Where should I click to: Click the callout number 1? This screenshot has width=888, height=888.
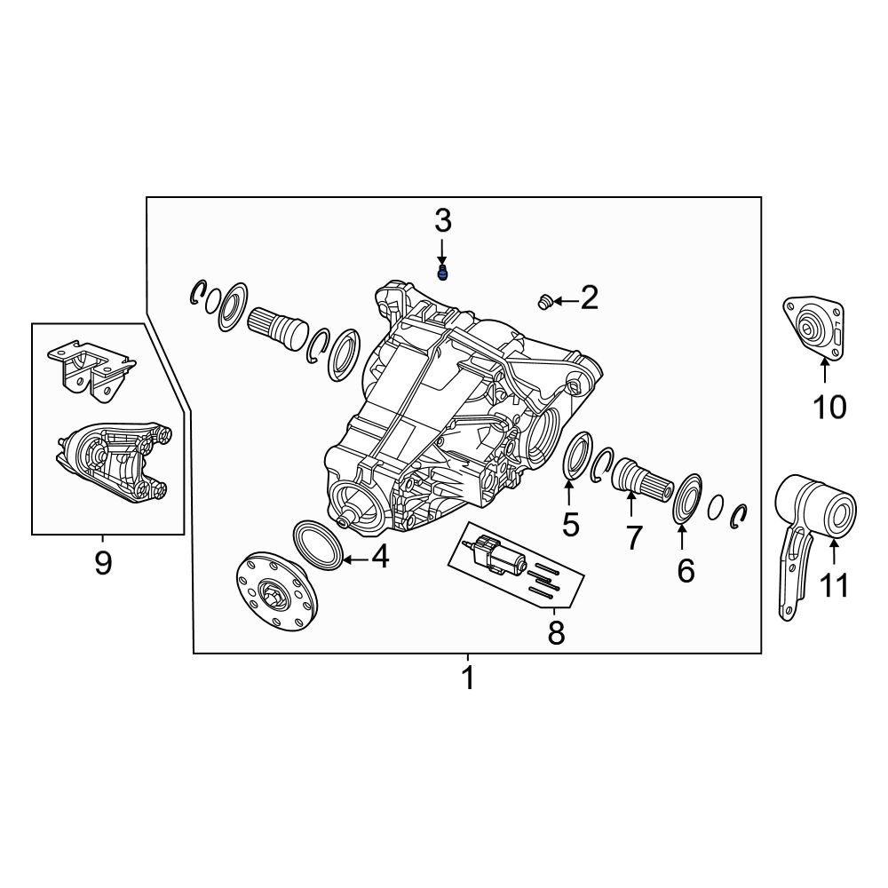click(x=468, y=678)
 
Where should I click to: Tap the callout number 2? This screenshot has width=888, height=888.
click(x=589, y=298)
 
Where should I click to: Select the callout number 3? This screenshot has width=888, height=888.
click(x=442, y=221)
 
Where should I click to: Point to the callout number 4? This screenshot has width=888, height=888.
click(x=379, y=557)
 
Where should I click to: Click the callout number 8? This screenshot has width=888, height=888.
click(x=556, y=633)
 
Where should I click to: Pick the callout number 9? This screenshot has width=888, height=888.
click(x=103, y=562)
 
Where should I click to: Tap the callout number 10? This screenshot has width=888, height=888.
click(x=829, y=408)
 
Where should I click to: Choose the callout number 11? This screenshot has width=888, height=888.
click(x=835, y=585)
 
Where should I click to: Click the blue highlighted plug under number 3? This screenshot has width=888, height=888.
click(x=443, y=273)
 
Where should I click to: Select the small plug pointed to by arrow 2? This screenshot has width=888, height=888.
click(x=545, y=304)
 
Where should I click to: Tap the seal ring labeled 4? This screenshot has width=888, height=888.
click(x=317, y=543)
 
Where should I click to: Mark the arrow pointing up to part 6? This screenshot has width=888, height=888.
click(x=682, y=538)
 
